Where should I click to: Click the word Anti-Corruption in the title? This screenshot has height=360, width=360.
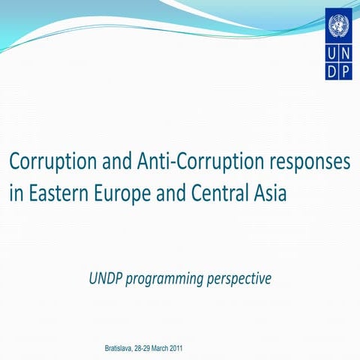click(x=184, y=161)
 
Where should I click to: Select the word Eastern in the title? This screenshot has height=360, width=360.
click(x=55, y=193)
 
